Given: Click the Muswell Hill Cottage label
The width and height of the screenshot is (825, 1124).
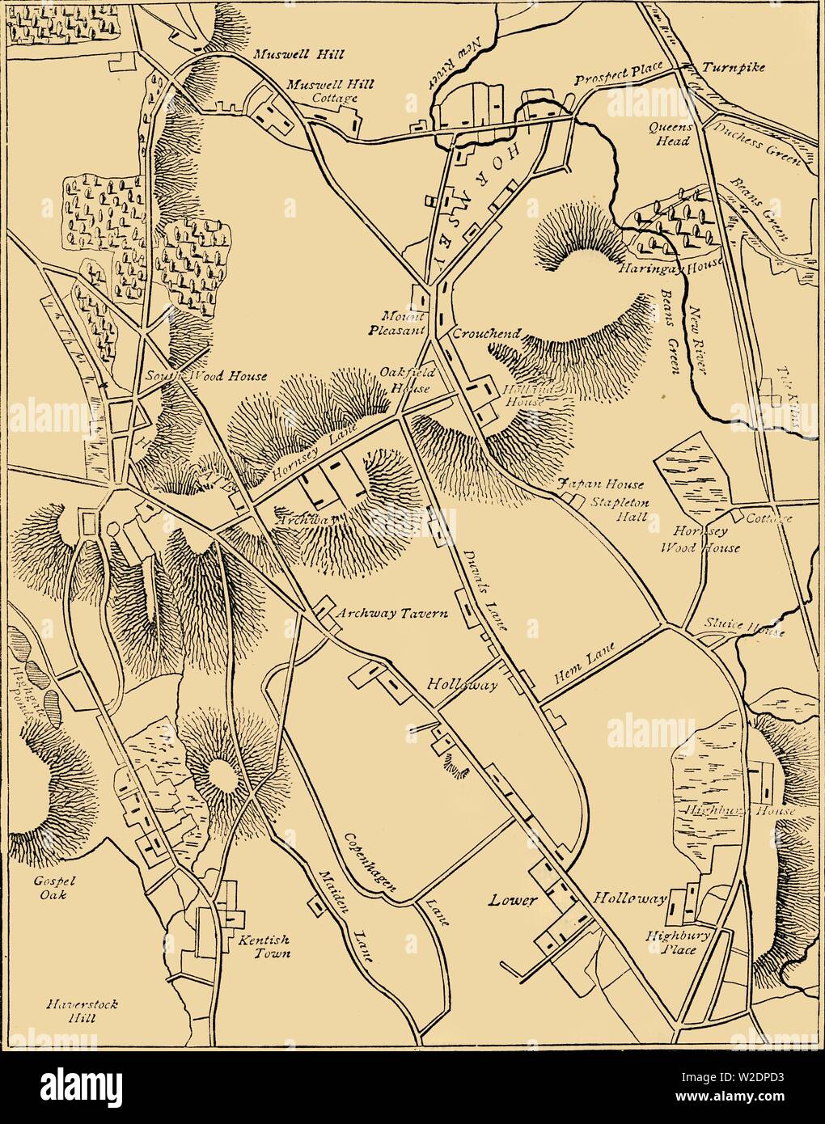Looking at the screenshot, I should (323, 91).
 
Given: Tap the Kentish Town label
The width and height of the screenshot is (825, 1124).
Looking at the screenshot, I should (263, 947).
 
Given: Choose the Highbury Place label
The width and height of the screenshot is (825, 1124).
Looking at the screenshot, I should (671, 942).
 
